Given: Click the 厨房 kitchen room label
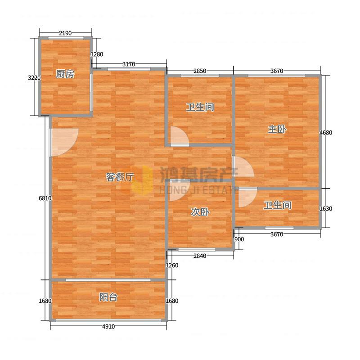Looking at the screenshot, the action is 65,74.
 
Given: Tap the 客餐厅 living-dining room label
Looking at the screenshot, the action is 120,177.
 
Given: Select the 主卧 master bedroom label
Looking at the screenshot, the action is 277,129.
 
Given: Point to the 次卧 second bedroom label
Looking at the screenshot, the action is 200,212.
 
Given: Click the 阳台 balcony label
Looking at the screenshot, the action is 108,297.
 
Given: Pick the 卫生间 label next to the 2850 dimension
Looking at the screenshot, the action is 200,107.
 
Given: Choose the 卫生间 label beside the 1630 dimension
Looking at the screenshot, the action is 277,205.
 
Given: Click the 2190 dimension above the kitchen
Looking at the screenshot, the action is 65,33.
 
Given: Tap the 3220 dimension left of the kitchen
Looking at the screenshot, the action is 34,77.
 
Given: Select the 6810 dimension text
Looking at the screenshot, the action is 45,198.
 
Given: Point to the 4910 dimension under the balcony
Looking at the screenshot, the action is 108,326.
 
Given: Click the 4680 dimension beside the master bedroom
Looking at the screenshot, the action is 326,132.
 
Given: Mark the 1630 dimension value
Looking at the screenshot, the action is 326,208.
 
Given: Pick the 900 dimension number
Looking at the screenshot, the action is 239,239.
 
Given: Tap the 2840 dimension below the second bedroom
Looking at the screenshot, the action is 200,256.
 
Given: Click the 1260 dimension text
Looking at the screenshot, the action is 172,265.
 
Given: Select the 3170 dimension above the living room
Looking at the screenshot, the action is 129,64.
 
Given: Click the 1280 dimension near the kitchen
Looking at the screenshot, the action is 97,54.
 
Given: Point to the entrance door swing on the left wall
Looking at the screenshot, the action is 64,142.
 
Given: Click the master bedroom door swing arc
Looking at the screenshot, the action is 243,166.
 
